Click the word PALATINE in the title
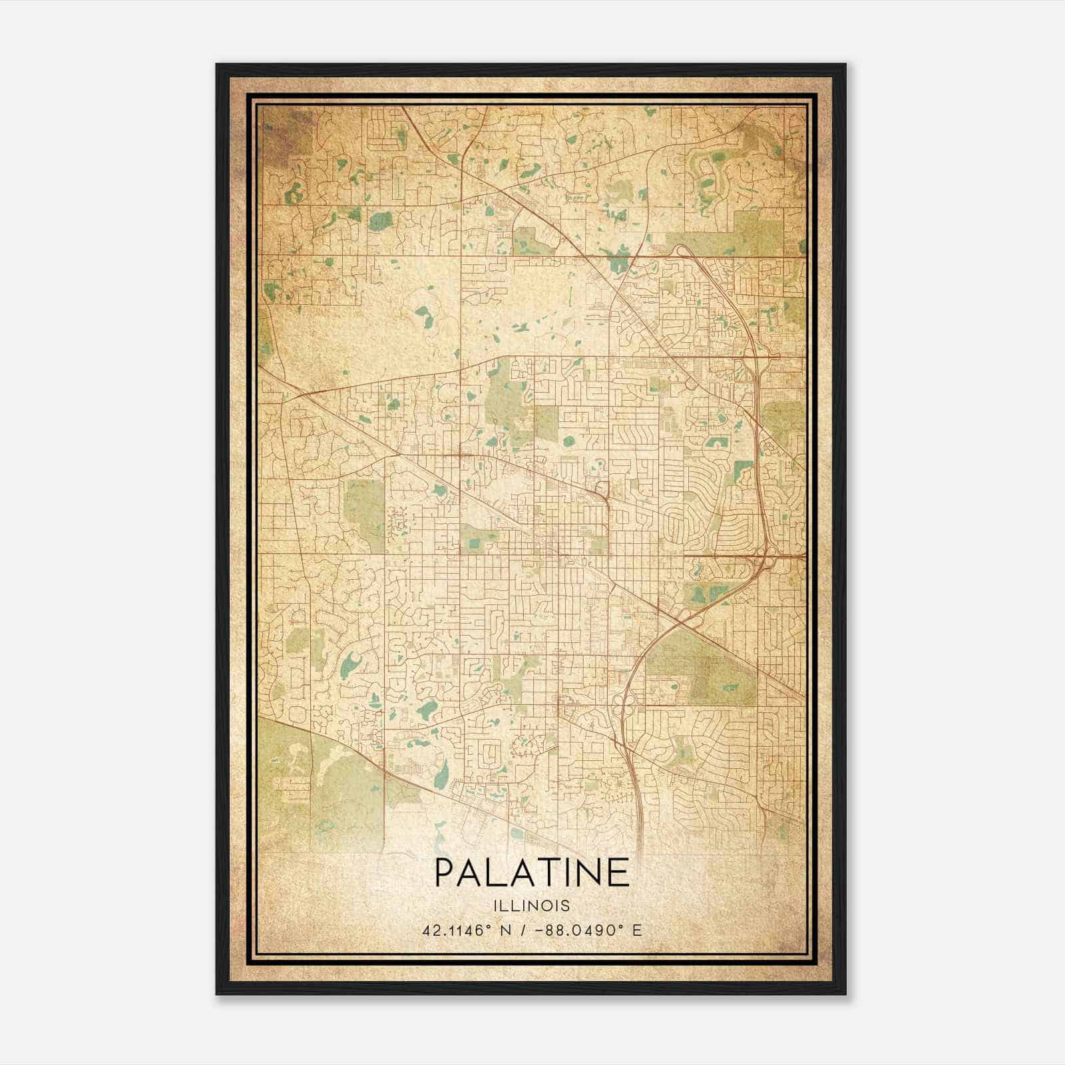531,873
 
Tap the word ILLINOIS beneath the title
531,906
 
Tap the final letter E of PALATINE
618,873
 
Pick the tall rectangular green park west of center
365,507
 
